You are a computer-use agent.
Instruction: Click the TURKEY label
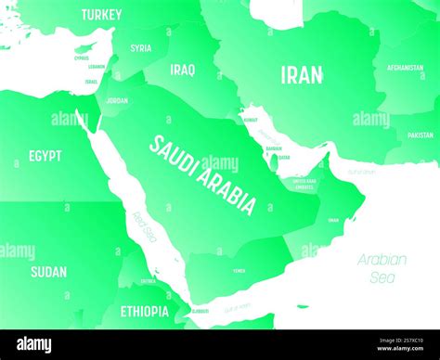(101, 15)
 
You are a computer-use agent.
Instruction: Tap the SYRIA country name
(141, 48)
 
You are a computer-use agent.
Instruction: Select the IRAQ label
(183, 70)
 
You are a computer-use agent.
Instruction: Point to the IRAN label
(303, 75)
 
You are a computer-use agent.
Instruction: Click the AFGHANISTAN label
(406, 68)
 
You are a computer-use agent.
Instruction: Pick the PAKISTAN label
(420, 135)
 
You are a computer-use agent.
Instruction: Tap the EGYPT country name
(45, 156)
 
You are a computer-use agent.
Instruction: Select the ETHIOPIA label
(144, 311)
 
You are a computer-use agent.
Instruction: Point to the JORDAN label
(117, 100)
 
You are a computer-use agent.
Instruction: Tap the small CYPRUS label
(82, 58)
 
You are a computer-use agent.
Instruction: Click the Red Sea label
(144, 227)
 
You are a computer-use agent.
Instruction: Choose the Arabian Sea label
(382, 267)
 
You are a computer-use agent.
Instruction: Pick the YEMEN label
(239, 271)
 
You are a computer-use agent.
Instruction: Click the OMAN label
(333, 220)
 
